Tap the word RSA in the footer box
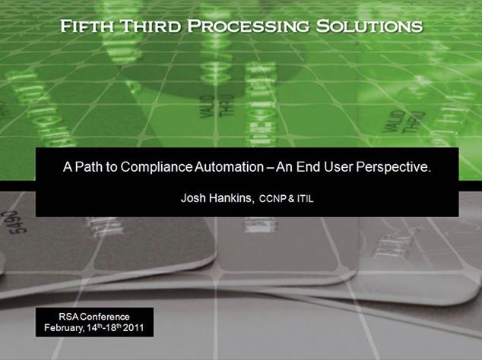pos(69,317)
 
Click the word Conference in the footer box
pos(106,317)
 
